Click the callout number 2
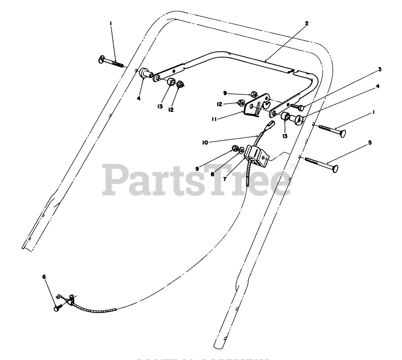(x=307, y=23)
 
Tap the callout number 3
(x=380, y=69)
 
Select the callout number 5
(x=370, y=143)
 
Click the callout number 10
(x=205, y=143)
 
